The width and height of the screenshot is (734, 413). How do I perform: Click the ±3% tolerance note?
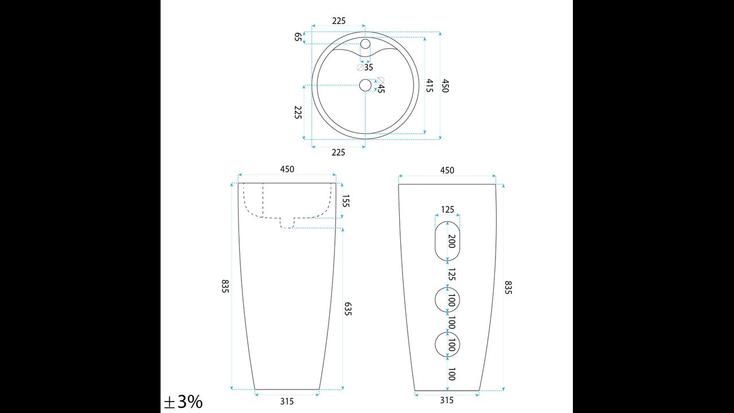(183, 402)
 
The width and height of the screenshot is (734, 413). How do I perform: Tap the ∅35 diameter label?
(365, 67)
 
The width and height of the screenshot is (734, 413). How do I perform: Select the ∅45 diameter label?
(380, 85)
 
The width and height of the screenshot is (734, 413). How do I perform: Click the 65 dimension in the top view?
(298, 37)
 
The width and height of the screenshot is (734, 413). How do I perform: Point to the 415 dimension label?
(430, 85)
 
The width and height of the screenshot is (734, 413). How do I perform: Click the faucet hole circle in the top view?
(365, 44)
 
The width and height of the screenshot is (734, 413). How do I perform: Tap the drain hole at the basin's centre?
(365, 85)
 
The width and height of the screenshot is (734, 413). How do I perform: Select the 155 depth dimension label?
(346, 201)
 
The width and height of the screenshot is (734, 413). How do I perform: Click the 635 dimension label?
(348, 309)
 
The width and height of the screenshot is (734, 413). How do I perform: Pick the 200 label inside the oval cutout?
(451, 241)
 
